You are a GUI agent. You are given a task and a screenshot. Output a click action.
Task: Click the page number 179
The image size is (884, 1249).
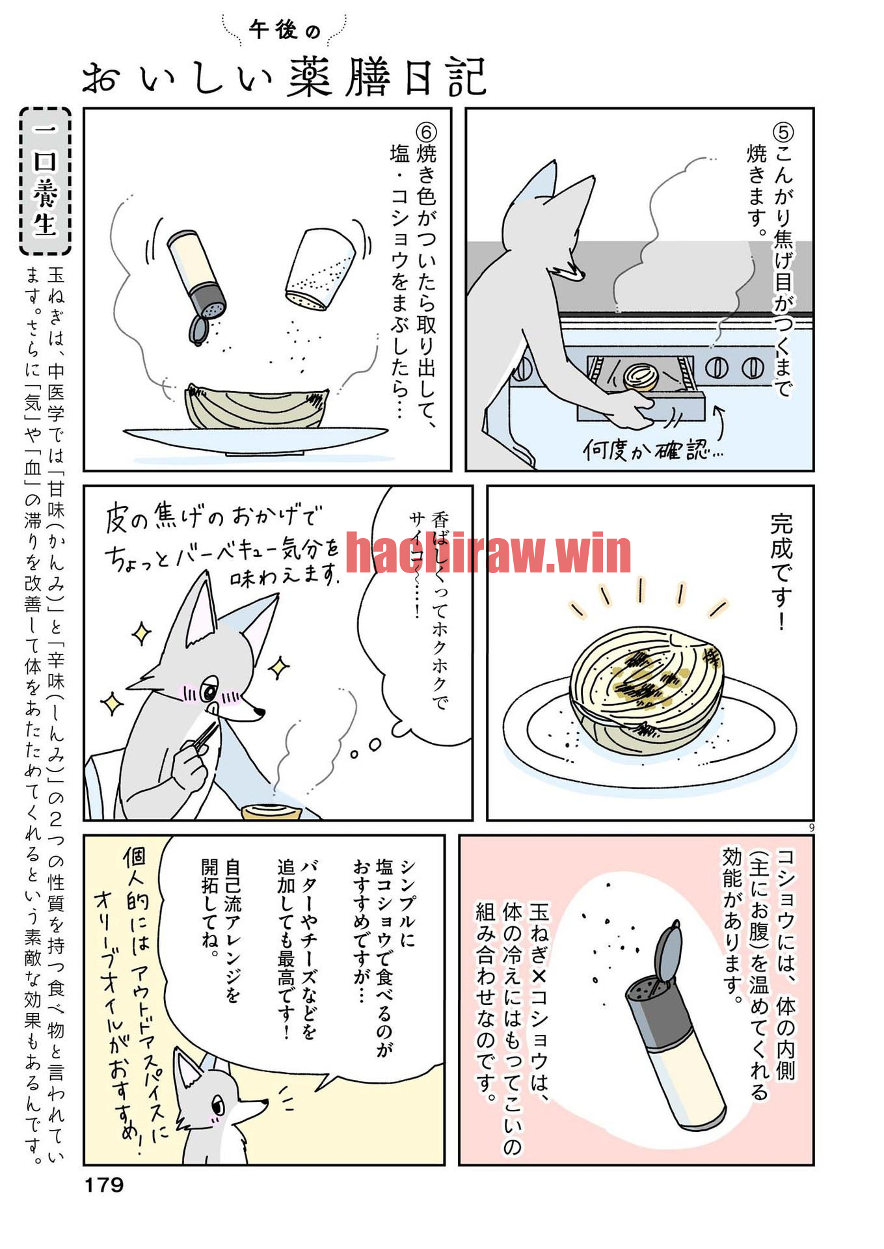pos(104,1185)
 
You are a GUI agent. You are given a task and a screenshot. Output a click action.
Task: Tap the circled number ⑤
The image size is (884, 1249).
pos(783,133)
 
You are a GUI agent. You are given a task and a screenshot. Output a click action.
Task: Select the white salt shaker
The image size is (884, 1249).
pos(320,269)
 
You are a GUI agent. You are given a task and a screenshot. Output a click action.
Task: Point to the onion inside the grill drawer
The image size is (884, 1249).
pos(641,377)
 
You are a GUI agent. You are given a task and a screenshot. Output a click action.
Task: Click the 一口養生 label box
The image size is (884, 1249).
pos(45,181)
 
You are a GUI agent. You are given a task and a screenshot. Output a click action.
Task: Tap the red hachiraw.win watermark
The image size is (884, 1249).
pos(488,553)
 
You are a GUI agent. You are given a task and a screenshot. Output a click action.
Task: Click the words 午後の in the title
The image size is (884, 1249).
pos(284,29)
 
